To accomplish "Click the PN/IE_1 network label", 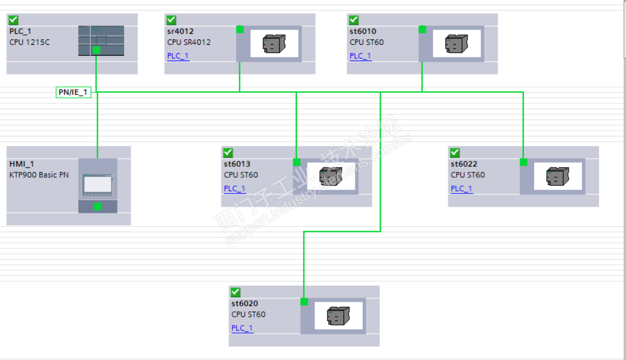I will click(73, 92).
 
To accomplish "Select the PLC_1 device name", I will click(20, 31).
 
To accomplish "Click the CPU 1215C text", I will click(30, 42).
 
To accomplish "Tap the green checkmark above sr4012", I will click(171, 20).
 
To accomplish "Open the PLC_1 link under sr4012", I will click(178, 56).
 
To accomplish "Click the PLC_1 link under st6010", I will click(360, 56).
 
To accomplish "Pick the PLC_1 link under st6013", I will click(235, 189).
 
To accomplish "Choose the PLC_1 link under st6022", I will click(461, 189).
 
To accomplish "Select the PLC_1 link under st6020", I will click(242, 328).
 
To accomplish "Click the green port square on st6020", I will click(305, 302).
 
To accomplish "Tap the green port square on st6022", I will click(523, 162).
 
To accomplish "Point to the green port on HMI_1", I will click(97, 206).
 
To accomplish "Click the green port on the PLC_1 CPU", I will click(96, 50).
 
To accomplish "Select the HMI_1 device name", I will click(22, 164).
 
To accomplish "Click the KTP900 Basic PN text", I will click(39, 175).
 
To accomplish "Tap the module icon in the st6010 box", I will click(457, 43).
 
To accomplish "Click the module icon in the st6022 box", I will click(558, 176).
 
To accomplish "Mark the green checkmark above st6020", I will click(236, 292).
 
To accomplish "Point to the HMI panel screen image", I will click(97, 184).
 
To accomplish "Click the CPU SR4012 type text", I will click(189, 42).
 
